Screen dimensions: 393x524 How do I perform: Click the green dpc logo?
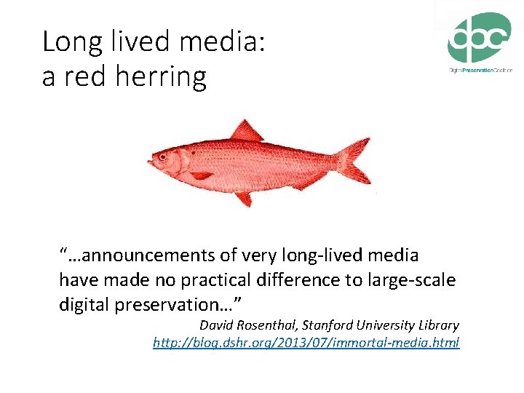pos(478,38)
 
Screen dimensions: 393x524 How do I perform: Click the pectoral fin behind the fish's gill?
pos(200,175)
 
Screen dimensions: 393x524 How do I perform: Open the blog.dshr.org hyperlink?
pos(306,342)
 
